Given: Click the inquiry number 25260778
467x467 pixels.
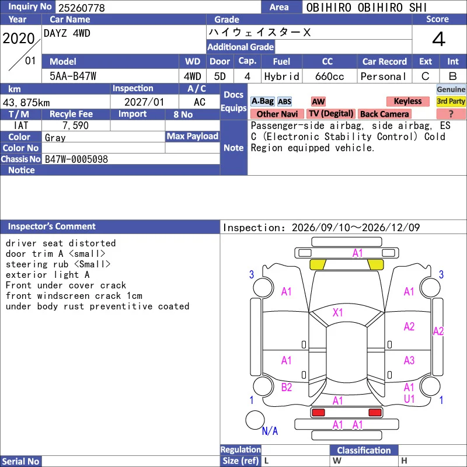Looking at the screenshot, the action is (81, 8).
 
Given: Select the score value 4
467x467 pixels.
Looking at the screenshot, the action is (439, 39).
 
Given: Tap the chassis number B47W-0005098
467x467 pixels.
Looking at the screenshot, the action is (76, 159).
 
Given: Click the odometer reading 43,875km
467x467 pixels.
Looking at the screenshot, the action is (26, 103).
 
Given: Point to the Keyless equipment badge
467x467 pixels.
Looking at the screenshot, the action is (407, 101).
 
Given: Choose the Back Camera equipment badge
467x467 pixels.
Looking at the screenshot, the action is (384, 114).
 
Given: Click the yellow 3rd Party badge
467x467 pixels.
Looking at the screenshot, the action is (451, 101).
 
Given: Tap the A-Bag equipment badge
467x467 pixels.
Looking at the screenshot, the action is (262, 101).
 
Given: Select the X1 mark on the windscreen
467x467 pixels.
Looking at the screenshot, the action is (338, 312).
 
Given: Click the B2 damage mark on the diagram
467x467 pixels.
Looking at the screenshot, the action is (287, 387).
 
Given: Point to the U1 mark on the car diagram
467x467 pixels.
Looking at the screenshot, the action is (409, 399).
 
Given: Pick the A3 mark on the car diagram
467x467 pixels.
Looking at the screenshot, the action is (409, 360).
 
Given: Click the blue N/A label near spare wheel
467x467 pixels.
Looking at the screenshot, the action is (270, 431).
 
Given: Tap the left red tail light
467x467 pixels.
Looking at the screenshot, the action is (318, 413).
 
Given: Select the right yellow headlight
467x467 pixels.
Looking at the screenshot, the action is (375, 264).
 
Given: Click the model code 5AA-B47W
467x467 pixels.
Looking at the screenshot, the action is (73, 76).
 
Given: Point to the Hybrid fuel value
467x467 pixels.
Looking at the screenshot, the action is (282, 76).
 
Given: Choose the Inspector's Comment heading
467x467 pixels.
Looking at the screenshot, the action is (52, 226).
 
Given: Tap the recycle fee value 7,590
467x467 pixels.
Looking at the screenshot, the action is (76, 126).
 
